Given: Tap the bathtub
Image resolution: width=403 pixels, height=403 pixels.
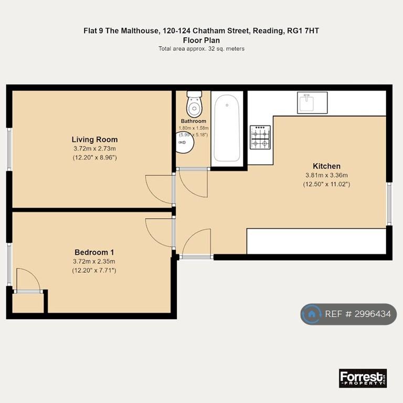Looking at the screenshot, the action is (227, 128).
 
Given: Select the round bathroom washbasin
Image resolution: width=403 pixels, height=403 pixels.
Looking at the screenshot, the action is (184, 143).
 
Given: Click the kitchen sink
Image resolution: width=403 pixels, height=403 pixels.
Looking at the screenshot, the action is (312, 102).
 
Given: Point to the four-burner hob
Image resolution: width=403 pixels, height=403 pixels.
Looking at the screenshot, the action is (260, 137).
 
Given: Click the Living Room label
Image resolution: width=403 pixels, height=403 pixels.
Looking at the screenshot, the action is (94, 140).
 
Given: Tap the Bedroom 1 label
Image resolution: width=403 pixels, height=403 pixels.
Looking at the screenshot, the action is (94, 252).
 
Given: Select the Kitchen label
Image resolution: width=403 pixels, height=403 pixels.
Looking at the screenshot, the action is (327, 166).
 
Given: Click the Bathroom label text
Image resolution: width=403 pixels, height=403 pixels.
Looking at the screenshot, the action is (194, 121).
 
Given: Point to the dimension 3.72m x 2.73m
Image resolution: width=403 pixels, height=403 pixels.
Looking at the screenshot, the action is (94, 149).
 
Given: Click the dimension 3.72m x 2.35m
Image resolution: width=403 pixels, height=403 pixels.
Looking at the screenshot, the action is (94, 262).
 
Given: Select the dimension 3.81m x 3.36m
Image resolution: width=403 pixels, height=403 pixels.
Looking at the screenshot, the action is (327, 175).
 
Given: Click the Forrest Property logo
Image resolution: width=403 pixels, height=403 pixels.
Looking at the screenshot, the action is (363, 378).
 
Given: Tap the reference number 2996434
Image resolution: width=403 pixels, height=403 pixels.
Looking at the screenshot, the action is (373, 314).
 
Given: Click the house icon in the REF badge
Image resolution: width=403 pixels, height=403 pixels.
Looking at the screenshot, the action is (312, 314).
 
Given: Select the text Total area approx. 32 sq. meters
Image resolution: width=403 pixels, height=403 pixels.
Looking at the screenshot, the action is (201, 49).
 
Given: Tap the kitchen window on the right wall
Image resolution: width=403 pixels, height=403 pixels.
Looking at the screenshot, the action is (389, 204).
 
